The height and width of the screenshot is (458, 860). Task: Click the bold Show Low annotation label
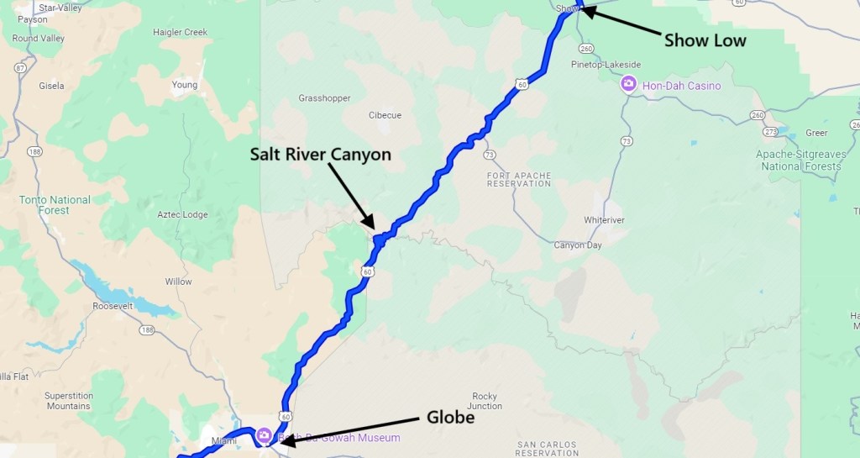pyautogui.click(x=705, y=40)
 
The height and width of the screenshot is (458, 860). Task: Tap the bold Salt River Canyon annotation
pyautogui.click(x=320, y=155)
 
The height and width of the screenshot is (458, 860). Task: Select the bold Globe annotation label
pyautogui.click(x=451, y=418)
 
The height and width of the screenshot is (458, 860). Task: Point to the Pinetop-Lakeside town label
pyautogui.click(x=606, y=64)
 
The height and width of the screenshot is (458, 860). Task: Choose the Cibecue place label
pyautogui.click(x=385, y=115)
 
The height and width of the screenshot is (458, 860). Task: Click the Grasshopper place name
pyautogui.click(x=324, y=98)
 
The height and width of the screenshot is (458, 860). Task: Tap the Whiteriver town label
pyautogui.click(x=606, y=220)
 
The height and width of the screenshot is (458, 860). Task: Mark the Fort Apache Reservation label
pyautogui.click(x=519, y=179)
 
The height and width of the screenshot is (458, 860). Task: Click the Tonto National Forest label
pyautogui.click(x=54, y=205)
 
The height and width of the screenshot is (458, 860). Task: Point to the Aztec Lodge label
pyautogui.click(x=182, y=215)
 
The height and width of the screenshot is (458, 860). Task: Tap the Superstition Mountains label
pyautogui.click(x=67, y=401)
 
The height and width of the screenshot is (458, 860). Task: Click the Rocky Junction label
pyautogui.click(x=485, y=401)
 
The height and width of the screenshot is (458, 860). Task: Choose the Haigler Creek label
pyautogui.click(x=180, y=33)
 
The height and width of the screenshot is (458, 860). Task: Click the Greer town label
pyautogui.click(x=816, y=133)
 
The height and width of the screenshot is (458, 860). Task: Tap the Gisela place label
pyautogui.click(x=52, y=86)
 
